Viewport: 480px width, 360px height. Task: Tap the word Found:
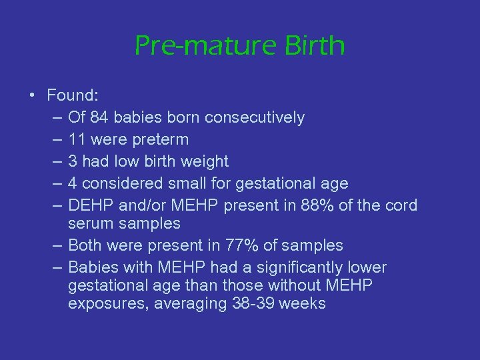pyautogui.click(x=71, y=95)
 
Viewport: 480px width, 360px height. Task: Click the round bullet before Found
pyautogui.click(x=32, y=95)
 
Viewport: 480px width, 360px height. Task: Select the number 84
pyautogui.click(x=99, y=118)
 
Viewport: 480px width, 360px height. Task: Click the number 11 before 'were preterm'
pyautogui.click(x=77, y=139)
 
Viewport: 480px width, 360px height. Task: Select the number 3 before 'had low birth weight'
pyautogui.click(x=73, y=161)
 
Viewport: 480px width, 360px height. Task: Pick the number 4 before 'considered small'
pyautogui.click(x=73, y=183)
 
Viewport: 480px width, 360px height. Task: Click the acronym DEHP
pyautogui.click(x=89, y=205)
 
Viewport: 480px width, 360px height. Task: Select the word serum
pyautogui.click(x=91, y=224)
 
